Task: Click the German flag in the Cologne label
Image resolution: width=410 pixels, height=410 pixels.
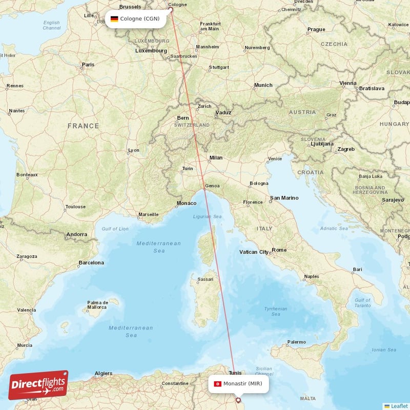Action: [x=114, y=19]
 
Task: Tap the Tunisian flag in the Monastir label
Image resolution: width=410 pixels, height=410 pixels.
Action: [x=217, y=384]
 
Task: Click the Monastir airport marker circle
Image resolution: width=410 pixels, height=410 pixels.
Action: [x=238, y=400]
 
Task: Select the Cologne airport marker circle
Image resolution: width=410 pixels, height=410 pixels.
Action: [x=171, y=9]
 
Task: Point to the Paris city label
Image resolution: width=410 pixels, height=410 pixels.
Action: [x=88, y=65]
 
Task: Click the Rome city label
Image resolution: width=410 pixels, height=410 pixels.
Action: [x=279, y=250]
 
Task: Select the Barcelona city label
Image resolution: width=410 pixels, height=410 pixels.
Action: [x=91, y=262]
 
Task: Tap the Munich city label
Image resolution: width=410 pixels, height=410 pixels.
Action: [x=263, y=85]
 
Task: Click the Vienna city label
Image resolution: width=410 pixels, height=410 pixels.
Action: [x=347, y=83]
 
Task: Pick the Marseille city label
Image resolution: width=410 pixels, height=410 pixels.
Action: [x=149, y=214]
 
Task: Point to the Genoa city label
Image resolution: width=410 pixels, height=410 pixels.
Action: [x=212, y=186]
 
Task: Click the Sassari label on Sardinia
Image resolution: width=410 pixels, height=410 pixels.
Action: [x=205, y=279]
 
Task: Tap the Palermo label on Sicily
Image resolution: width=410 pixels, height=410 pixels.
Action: [x=296, y=342]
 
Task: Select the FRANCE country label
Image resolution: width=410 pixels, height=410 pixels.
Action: [x=83, y=126]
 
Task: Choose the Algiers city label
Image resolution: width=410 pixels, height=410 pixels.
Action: [x=104, y=373]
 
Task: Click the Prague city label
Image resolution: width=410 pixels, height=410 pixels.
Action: [x=316, y=30]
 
